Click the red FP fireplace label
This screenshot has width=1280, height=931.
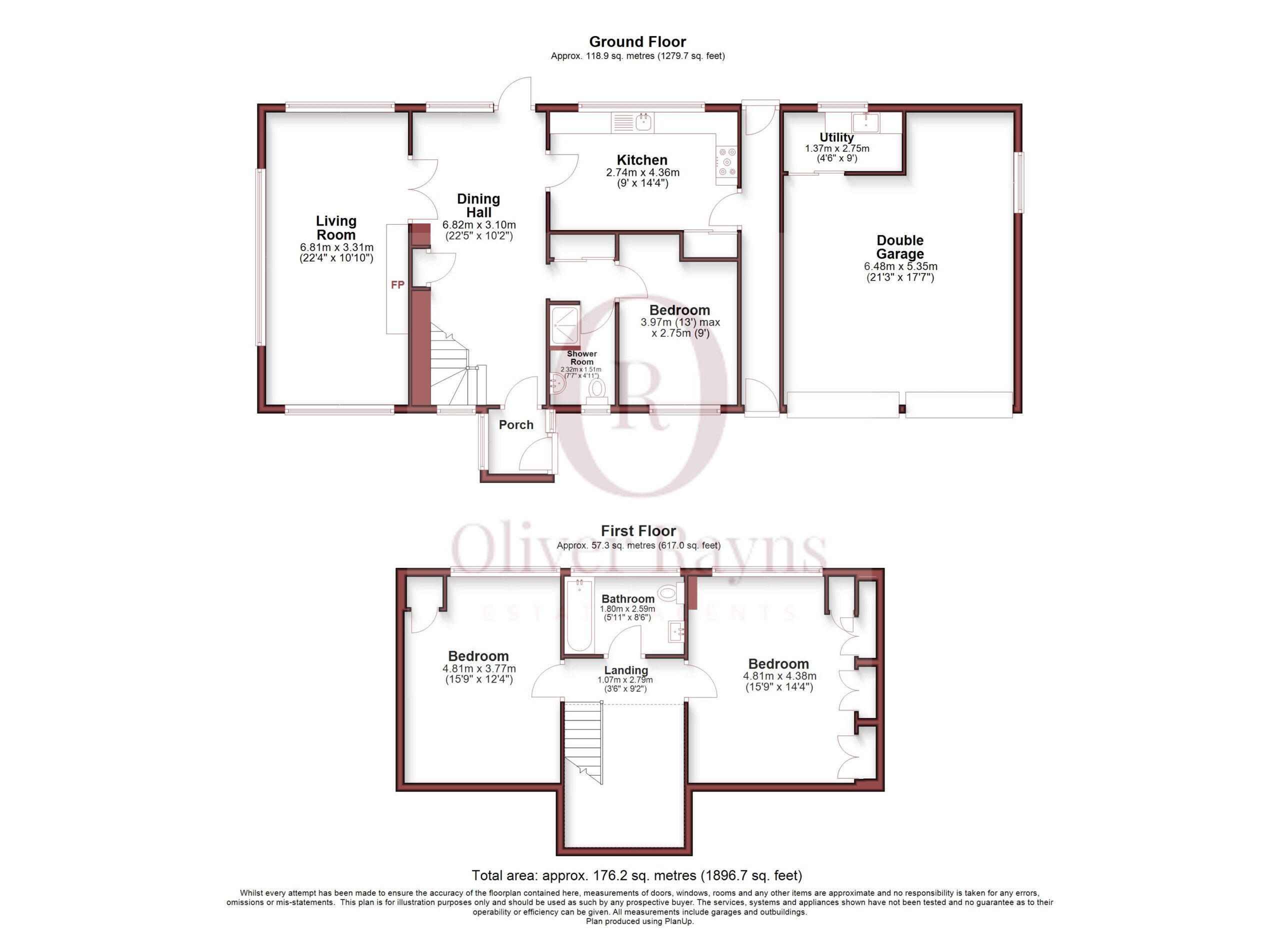pos(397,285)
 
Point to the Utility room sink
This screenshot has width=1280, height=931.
pos(865,122)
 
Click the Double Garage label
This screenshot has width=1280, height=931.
pos(899,247)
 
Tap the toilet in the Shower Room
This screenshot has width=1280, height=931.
pos(597,390)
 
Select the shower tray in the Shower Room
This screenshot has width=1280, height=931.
pos(564,324)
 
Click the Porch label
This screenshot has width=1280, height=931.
pos(516,425)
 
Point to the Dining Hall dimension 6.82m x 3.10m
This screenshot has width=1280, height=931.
pos(478,224)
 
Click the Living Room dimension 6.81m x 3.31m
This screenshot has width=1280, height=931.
pos(336,247)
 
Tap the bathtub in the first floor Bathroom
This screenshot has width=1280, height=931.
pos(579,615)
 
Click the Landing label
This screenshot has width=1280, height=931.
pos(626,670)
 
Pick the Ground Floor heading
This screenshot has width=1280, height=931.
pos(637,42)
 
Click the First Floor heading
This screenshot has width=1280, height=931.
pos(638,531)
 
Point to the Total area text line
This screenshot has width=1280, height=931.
pos(636,875)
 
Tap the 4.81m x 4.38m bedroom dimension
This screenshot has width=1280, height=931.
pos(779,676)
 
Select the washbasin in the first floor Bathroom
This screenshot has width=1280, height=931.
pos(676,632)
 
